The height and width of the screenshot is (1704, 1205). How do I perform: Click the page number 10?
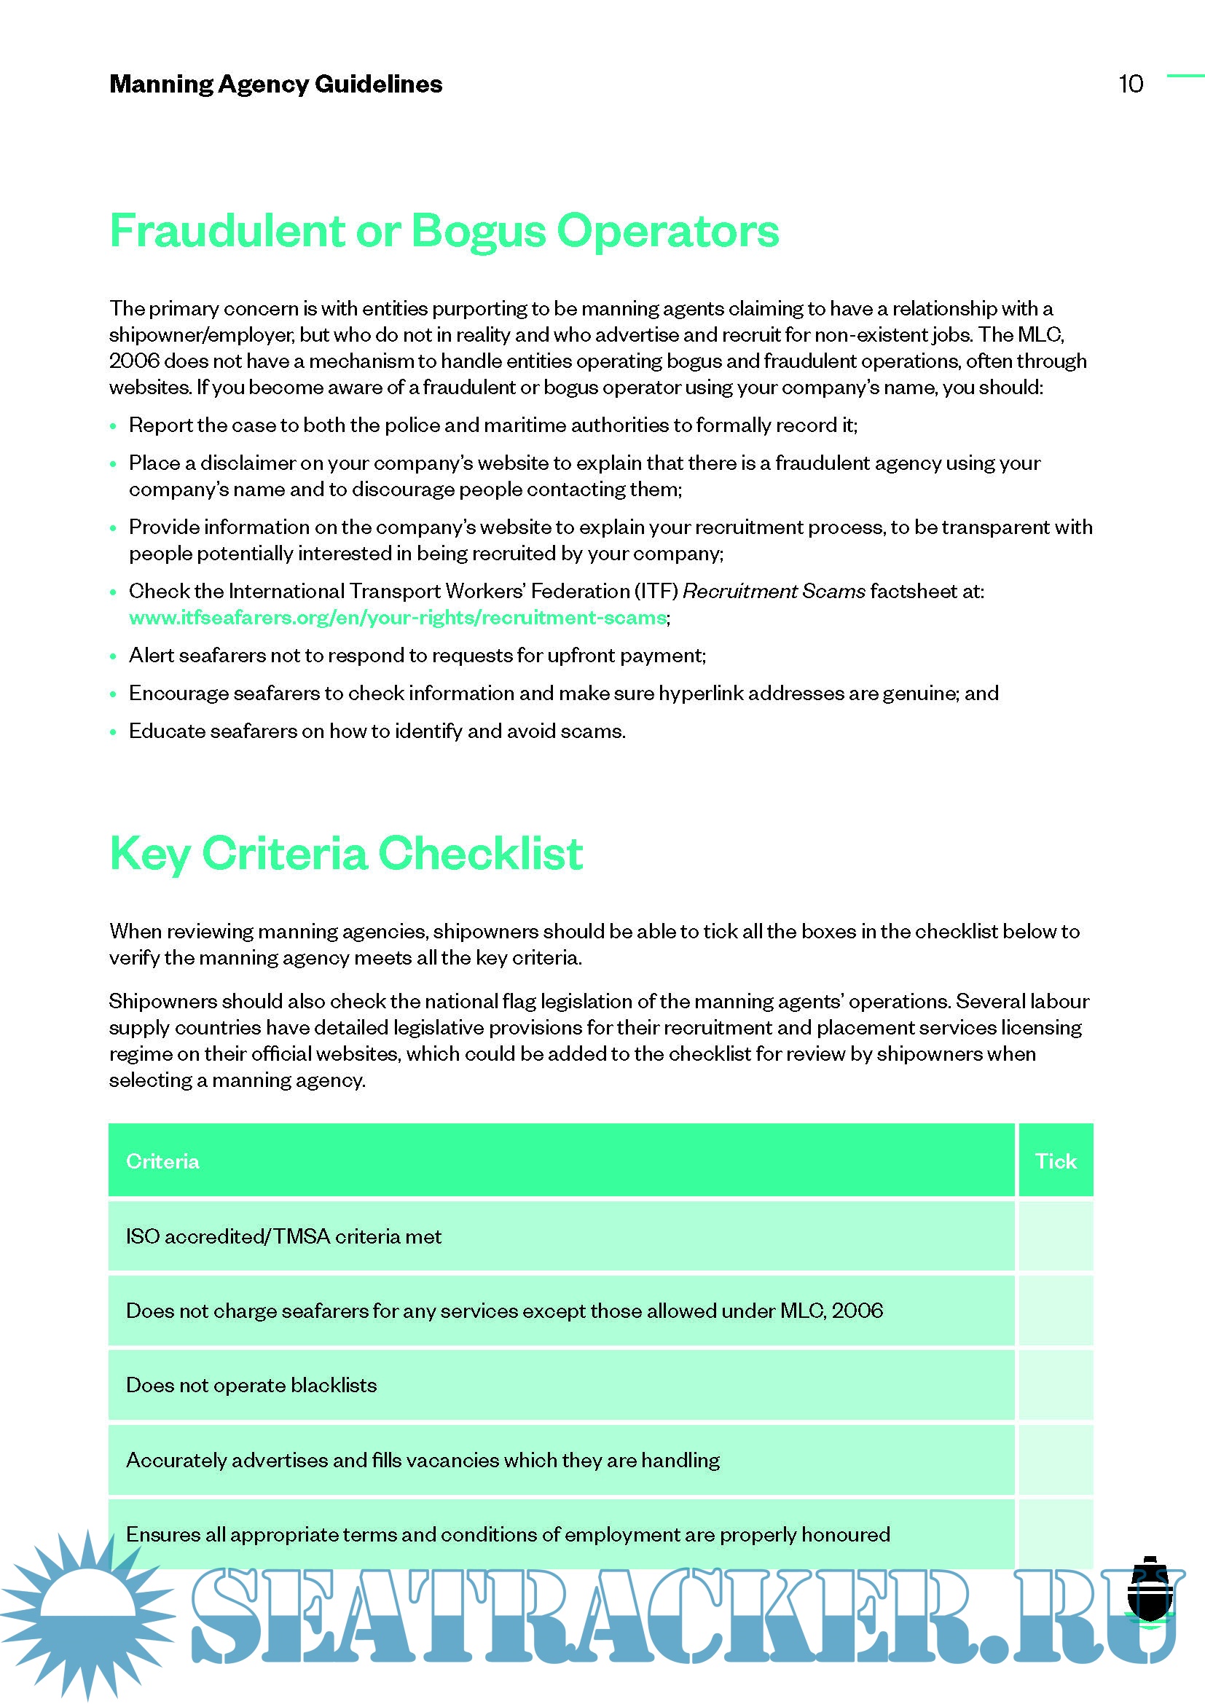[x=1130, y=84]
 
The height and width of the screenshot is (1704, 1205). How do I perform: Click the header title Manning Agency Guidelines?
[x=275, y=84]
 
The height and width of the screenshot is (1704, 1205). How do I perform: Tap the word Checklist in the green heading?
[x=480, y=853]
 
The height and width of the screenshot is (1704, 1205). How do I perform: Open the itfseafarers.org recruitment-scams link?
[x=398, y=618]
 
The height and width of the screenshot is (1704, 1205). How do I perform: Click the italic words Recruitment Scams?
[x=773, y=591]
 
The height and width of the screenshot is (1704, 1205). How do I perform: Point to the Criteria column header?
[x=162, y=1161]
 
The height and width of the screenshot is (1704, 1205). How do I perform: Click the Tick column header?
[x=1055, y=1161]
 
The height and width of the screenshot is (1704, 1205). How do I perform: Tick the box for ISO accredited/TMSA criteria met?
[x=1055, y=1236]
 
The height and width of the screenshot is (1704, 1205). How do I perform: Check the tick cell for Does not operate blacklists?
[x=1055, y=1385]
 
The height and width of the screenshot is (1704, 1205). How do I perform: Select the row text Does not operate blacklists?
[x=251, y=1385]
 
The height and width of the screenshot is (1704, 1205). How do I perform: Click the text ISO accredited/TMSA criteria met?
[x=283, y=1236]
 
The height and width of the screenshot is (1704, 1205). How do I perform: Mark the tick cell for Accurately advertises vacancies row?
[x=1055, y=1460]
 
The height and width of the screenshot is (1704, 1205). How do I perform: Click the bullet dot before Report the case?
[x=114, y=426]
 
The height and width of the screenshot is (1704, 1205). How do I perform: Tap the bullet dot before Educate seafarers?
[x=114, y=731]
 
